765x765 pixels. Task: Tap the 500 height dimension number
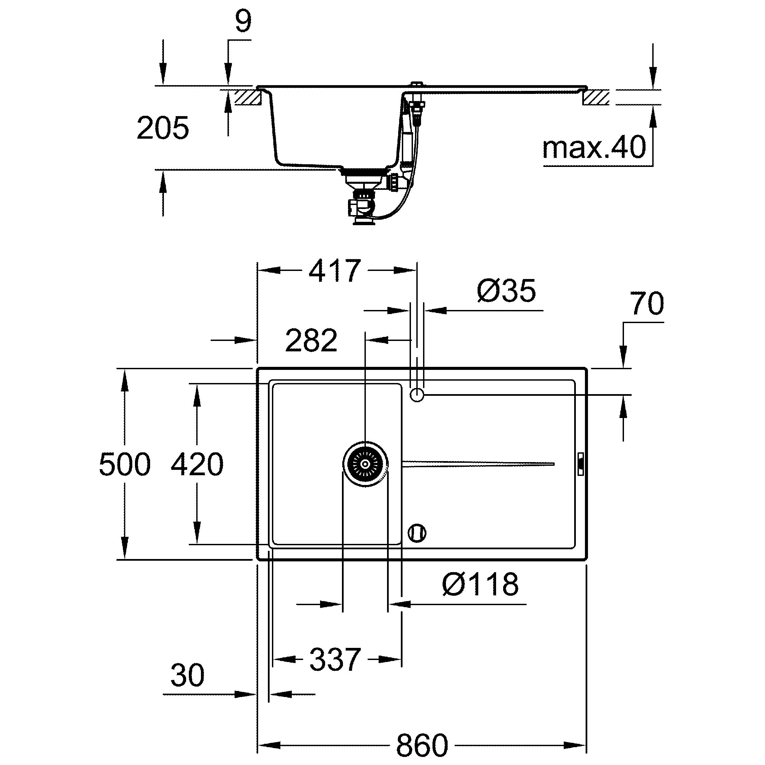(x=125, y=464)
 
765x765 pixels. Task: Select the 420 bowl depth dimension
(x=197, y=464)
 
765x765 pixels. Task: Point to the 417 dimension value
(x=335, y=271)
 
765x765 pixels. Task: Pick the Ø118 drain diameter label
(x=480, y=584)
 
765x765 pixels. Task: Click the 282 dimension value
(x=311, y=340)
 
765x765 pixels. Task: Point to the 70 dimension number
(x=647, y=303)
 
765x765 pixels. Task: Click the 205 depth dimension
(x=163, y=128)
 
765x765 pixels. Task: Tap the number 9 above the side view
(x=243, y=22)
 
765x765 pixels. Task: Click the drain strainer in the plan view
(x=365, y=464)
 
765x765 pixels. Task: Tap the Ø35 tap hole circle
(x=417, y=395)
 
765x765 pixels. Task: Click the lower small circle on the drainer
(x=417, y=532)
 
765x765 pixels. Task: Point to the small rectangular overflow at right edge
(x=581, y=464)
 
